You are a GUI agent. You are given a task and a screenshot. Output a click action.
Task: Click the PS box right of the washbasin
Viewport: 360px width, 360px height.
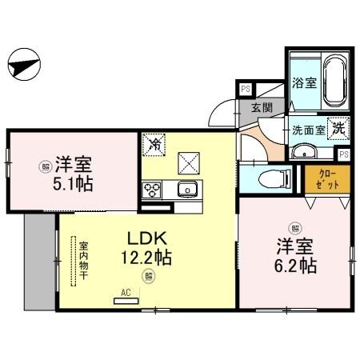(344, 154)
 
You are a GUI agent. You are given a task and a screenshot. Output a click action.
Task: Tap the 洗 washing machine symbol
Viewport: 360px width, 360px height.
(339, 126)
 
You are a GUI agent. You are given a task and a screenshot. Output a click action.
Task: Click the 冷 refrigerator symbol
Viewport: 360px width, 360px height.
(154, 145)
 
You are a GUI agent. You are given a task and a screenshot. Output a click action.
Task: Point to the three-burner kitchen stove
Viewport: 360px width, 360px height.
(152, 190)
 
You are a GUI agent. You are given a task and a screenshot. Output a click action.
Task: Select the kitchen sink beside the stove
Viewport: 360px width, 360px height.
(187, 190)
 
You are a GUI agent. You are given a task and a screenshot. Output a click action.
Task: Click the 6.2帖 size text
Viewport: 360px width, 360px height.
(297, 265)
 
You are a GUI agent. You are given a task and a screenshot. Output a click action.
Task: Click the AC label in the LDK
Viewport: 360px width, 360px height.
(126, 293)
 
